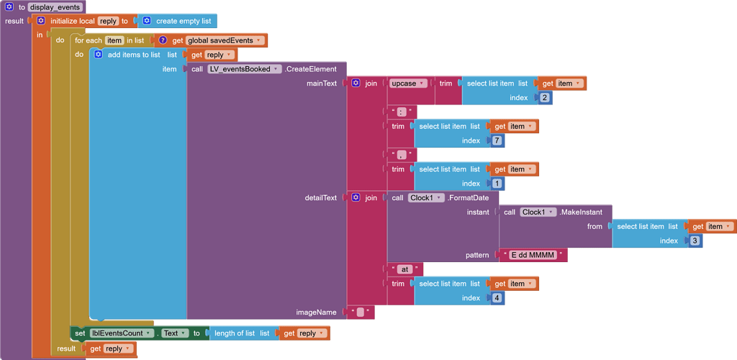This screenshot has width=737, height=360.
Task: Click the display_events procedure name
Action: [x=55, y=7]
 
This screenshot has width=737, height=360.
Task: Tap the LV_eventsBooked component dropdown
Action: [x=244, y=69]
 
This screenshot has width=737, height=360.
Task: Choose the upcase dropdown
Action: [x=408, y=84]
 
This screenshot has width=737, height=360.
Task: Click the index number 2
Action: [x=544, y=98]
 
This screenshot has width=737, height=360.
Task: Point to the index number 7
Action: [x=497, y=141]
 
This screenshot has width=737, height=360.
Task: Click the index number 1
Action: [x=497, y=184]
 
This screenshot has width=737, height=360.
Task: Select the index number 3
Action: [x=695, y=240]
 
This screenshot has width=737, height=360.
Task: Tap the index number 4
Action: [x=497, y=298]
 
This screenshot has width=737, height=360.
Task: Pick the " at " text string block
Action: [x=404, y=269]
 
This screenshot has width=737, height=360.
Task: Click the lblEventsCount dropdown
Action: [x=122, y=333]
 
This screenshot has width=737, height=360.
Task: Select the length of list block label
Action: [x=235, y=333]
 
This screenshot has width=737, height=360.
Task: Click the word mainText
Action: [x=322, y=84]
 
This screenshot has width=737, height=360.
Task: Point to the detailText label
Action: [x=321, y=198]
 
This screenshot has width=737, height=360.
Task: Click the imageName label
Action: [x=317, y=312]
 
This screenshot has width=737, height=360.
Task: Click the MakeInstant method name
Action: [x=585, y=212]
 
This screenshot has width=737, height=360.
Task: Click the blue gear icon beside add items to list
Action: [x=99, y=55]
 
